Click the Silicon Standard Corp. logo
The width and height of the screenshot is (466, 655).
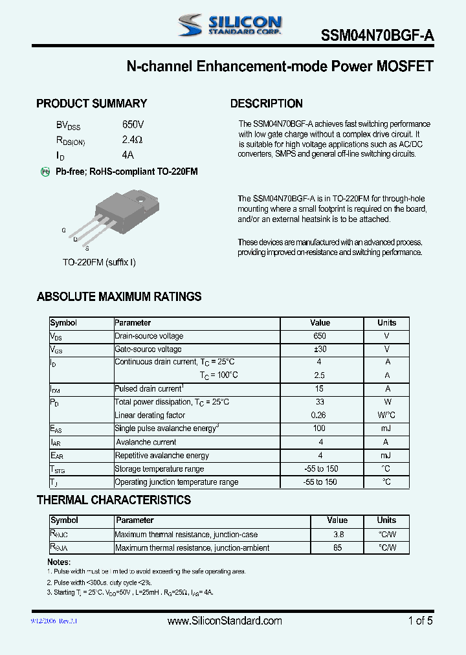pyautogui.click(x=230, y=25)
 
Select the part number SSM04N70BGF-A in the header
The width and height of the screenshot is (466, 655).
pyautogui.click(x=377, y=37)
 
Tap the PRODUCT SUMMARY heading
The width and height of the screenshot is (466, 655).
pyautogui.click(x=91, y=104)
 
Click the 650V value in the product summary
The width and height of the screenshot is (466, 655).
pyautogui.click(x=133, y=124)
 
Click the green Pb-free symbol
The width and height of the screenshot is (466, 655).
pyautogui.click(x=45, y=172)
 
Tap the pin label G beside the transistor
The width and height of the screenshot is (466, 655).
pyautogui.click(x=63, y=230)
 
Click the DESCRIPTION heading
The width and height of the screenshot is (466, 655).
pyautogui.click(x=266, y=104)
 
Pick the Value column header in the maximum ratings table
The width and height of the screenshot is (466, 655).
pyautogui.click(x=320, y=322)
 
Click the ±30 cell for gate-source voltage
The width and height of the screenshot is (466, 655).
pyautogui.click(x=320, y=350)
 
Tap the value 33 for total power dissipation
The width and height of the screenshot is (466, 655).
pyautogui.click(x=320, y=402)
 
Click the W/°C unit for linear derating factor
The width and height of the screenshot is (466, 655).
pyautogui.click(x=387, y=416)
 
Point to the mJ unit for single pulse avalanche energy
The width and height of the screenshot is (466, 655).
pyautogui.click(x=387, y=429)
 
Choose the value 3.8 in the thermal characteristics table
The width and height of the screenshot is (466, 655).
pyautogui.click(x=337, y=535)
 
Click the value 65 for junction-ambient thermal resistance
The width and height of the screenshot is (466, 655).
pyautogui.click(x=337, y=548)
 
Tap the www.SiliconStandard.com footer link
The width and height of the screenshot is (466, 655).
pyautogui.click(x=225, y=621)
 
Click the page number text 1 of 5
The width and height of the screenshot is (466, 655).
pyautogui.click(x=420, y=621)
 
